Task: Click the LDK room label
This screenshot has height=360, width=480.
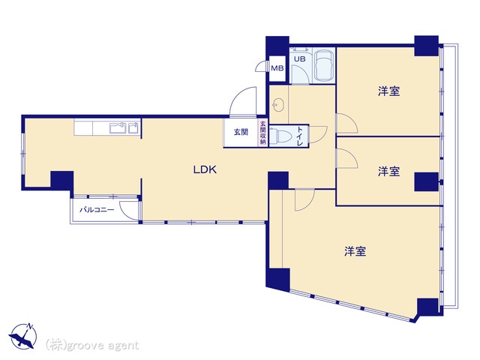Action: (205, 169)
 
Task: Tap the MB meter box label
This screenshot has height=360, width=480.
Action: (277, 68)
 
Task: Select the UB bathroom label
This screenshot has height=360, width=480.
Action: (300, 58)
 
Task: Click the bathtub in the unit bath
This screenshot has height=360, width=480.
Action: (324, 65)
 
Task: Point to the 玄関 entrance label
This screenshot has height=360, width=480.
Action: (241, 132)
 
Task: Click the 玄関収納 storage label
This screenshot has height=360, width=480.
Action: (263, 133)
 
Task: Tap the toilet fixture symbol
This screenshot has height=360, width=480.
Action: (280, 136)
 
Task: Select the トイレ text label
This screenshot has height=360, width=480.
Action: (300, 136)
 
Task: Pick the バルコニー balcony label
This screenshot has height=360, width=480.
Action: (97, 210)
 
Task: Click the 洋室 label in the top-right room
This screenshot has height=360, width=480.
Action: (388, 91)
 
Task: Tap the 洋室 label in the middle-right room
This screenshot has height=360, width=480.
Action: (388, 172)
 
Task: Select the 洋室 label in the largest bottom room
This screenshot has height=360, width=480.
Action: (355, 252)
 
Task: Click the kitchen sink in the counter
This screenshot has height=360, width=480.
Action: (118, 127)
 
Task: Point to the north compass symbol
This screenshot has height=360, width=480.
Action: (23, 336)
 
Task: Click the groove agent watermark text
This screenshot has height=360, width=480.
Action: (92, 345)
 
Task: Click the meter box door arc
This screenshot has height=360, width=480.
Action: (260, 65)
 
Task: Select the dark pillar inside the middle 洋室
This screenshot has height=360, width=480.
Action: (427, 181)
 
